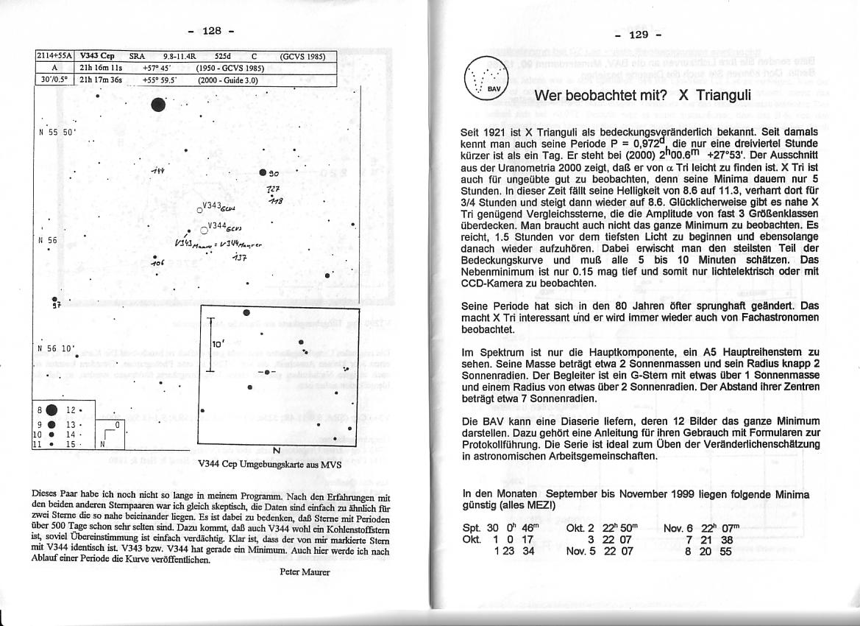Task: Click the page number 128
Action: click(x=212, y=30)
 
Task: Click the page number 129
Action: click(x=639, y=34)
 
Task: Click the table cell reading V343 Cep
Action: click(x=96, y=56)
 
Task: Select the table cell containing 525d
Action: click(x=222, y=56)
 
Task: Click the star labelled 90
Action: click(x=263, y=173)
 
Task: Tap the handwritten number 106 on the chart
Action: click(x=155, y=262)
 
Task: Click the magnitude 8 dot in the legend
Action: click(x=52, y=410)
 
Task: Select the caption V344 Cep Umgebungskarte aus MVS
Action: click(x=269, y=465)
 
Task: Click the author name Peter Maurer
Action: click(x=305, y=572)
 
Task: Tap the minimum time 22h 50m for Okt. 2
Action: click(x=618, y=528)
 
